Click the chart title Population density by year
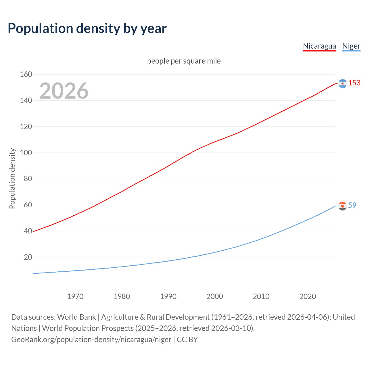(87, 28)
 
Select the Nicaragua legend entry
(319, 46)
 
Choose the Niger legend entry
(351, 46)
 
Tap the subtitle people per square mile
(184, 61)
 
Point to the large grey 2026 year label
(64, 91)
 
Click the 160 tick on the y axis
(26, 74)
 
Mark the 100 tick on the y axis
(26, 153)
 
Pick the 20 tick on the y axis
(28, 257)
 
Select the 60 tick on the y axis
(28, 205)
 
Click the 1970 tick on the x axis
(75, 296)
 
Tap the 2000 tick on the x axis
(215, 296)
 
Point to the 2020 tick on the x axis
(308, 296)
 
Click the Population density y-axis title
(12, 178)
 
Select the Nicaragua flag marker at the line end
(342, 83)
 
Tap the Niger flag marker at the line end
(342, 206)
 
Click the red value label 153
(354, 83)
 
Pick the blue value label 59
(352, 205)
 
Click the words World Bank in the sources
(76, 317)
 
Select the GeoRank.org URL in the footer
(91, 340)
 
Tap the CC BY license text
(187, 340)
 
